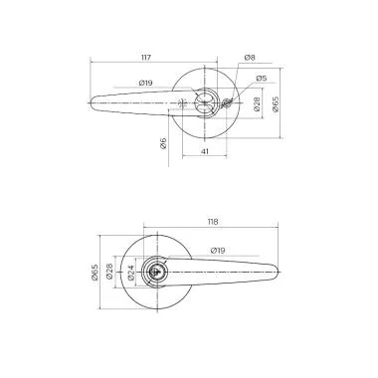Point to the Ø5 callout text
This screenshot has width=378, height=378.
tap(261, 78)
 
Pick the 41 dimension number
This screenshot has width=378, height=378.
tap(204, 151)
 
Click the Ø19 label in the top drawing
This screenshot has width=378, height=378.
tap(145, 84)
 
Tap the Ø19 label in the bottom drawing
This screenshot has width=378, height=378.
tap(217, 250)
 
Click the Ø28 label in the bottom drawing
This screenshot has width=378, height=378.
tap(122, 270)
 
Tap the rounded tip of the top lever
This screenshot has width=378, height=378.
tap(95, 100)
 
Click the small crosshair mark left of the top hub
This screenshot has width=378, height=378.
tap(182, 102)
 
